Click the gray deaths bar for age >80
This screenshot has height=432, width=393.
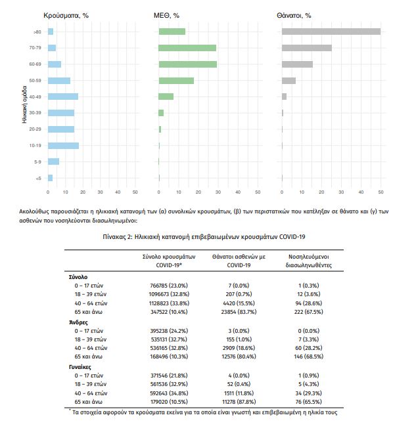[331, 32]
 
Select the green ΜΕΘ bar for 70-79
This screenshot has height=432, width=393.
[187, 48]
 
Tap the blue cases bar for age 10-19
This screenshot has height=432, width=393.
[64, 146]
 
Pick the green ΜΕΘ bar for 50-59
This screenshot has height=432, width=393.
[176, 81]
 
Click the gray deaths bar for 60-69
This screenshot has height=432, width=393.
[297, 64]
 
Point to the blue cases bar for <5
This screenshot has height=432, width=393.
[50, 178]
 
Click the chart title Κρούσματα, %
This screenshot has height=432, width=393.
[66, 16]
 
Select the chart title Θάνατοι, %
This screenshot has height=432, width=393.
[294, 16]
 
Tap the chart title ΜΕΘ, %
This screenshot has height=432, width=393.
[166, 16]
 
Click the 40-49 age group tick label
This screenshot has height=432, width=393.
[35, 97]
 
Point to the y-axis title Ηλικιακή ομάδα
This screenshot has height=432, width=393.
[24, 104]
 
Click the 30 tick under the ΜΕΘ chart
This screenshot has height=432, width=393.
[218, 192]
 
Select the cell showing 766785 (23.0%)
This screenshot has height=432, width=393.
[169, 286]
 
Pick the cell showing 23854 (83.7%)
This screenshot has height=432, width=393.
[239, 312]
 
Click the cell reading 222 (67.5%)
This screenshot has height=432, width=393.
[309, 312]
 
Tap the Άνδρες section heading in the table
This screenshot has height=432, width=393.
[78, 322]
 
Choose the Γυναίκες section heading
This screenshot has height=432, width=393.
[80, 367]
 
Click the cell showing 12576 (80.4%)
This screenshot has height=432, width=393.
[239, 356]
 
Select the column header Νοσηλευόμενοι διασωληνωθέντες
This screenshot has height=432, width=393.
[309, 261]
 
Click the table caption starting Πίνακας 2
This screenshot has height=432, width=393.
[204, 236]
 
